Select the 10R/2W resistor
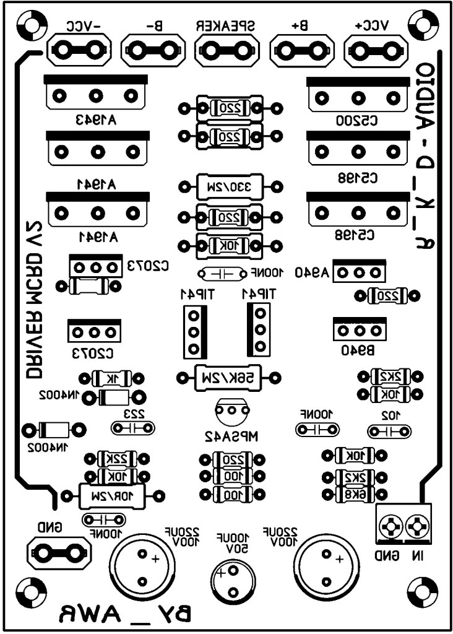(x=112, y=495)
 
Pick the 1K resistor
(x=111, y=378)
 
